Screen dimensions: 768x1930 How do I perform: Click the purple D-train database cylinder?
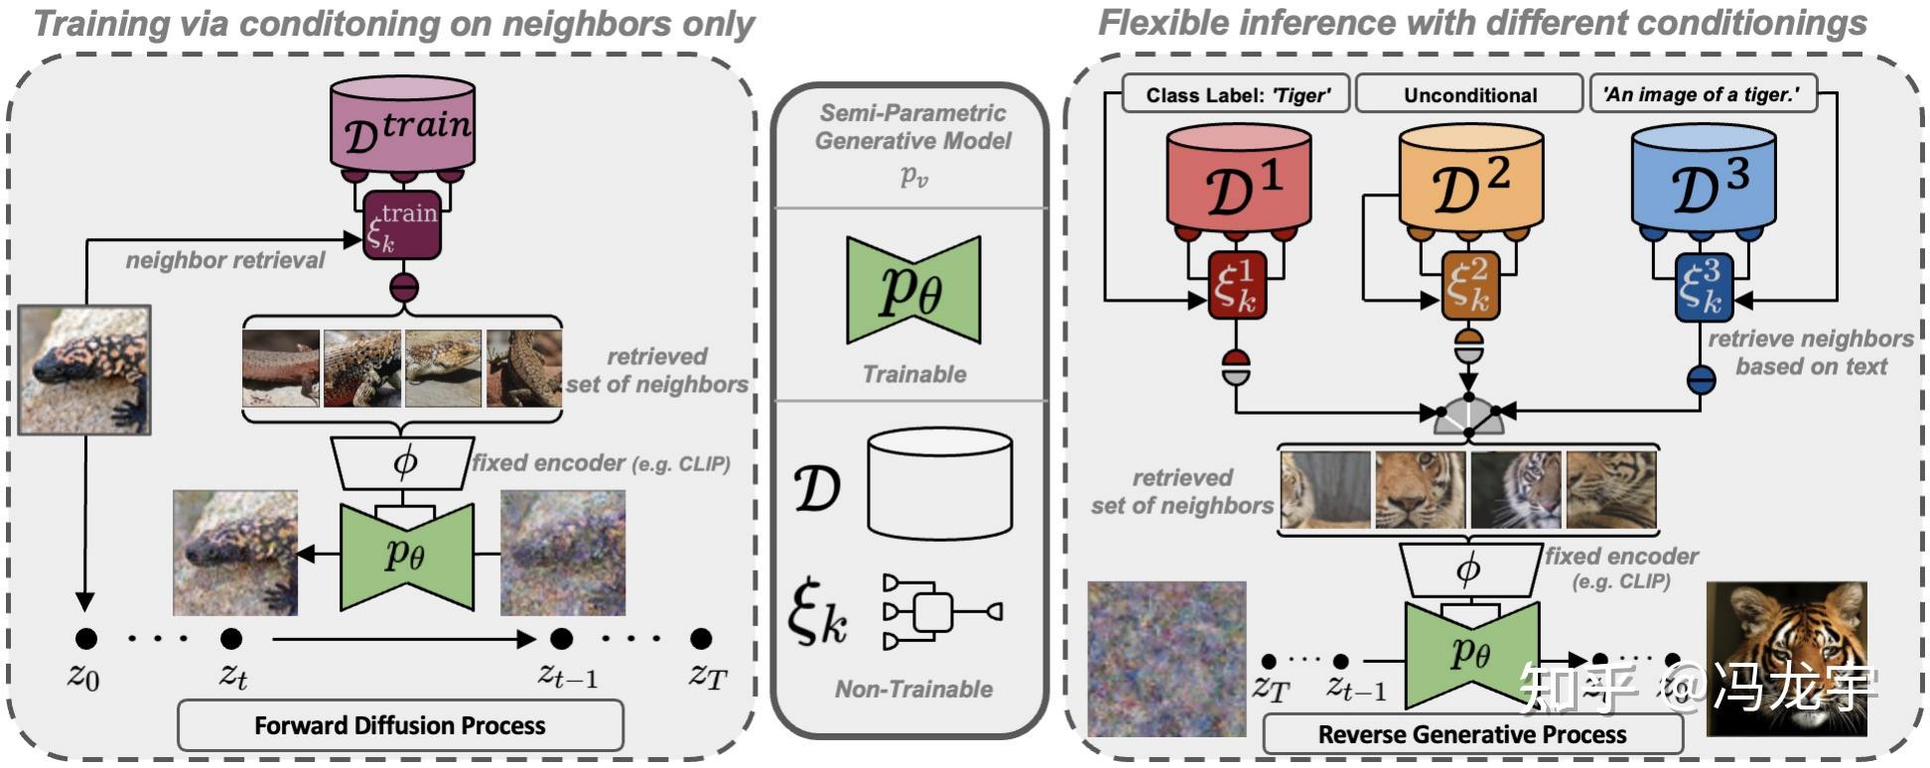click(x=402, y=124)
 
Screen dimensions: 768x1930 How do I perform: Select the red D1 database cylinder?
click(x=1238, y=179)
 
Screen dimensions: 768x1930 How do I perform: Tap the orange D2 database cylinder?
click(x=1470, y=179)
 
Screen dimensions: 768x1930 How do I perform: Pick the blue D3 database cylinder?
click(x=1704, y=179)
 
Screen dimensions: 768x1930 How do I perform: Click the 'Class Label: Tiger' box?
click(x=1236, y=94)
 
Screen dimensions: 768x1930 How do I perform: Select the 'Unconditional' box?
click(x=1469, y=94)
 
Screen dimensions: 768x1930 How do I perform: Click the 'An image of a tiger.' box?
click(x=1702, y=94)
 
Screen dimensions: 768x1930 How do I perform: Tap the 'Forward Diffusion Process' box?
click(x=400, y=725)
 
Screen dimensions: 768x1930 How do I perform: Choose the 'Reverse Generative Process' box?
click(x=1472, y=734)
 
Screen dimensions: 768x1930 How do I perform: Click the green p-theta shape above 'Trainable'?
click(x=913, y=290)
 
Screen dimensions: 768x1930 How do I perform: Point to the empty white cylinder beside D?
click(x=939, y=484)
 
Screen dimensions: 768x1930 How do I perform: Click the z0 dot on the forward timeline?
click(x=86, y=638)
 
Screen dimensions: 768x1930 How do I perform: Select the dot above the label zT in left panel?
click(x=701, y=638)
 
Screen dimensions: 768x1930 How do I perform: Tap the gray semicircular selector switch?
click(x=1469, y=417)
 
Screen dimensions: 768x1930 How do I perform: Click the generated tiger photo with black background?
click(x=1786, y=658)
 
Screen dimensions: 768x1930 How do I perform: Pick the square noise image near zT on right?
click(x=1166, y=659)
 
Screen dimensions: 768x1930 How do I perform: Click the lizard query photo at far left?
click(x=84, y=369)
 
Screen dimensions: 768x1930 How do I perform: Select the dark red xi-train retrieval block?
click(x=402, y=225)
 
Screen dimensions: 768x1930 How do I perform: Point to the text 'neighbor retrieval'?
click(x=225, y=260)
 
